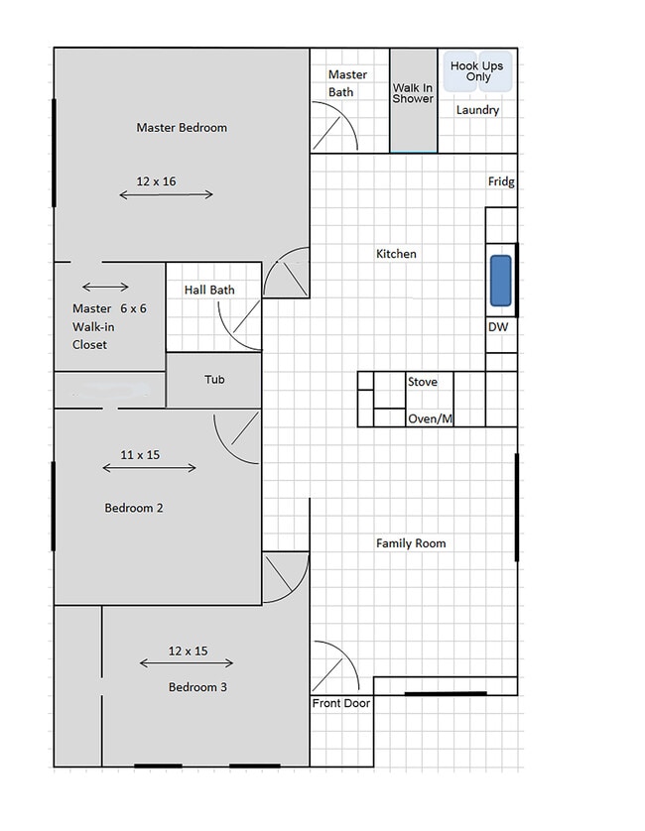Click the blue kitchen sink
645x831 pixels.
pyautogui.click(x=501, y=281)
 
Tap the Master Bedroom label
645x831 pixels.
pyautogui.click(x=182, y=128)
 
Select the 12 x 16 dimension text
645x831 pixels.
pyautogui.click(x=156, y=181)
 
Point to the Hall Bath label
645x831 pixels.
pyautogui.click(x=209, y=290)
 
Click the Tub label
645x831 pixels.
pyautogui.click(x=214, y=380)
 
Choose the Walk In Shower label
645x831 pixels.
pyautogui.click(x=413, y=93)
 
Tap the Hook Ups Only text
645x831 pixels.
pyautogui.click(x=477, y=71)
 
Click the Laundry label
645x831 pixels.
pyautogui.click(x=478, y=110)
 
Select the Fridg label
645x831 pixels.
pyautogui.click(x=501, y=181)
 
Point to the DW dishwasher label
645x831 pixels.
pyautogui.click(x=498, y=327)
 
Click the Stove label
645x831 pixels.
pyautogui.click(x=423, y=382)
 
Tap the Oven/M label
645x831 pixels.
pyautogui.click(x=431, y=418)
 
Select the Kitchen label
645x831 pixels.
pyautogui.click(x=396, y=254)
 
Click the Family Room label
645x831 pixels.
pyautogui.click(x=411, y=543)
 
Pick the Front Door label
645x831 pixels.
pyautogui.click(x=341, y=703)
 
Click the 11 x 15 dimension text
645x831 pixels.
pyautogui.click(x=140, y=455)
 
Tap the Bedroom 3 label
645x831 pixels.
pyautogui.click(x=197, y=687)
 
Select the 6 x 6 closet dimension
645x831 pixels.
pyautogui.click(x=133, y=308)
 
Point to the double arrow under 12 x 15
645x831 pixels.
pyautogui.click(x=187, y=663)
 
